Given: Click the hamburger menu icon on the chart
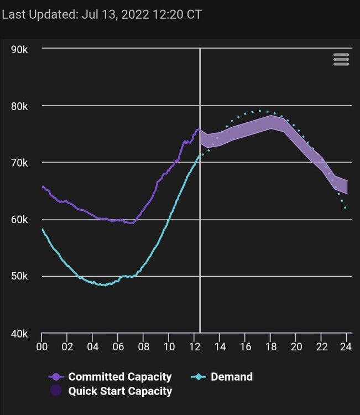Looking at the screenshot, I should (x=341, y=60).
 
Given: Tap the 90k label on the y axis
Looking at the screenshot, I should (x=19, y=49).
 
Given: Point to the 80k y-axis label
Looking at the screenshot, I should (x=19, y=106).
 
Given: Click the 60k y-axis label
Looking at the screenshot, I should (x=19, y=220).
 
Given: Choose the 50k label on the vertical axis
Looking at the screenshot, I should (x=19, y=276).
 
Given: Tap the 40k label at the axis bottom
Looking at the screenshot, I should (x=19, y=333).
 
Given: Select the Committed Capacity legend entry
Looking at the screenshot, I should (x=119, y=377).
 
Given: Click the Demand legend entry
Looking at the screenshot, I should (x=231, y=377).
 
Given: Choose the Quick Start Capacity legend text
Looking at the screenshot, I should (x=120, y=391).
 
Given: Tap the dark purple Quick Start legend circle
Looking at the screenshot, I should (x=56, y=391).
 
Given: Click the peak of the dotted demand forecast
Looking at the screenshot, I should (x=260, y=111).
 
